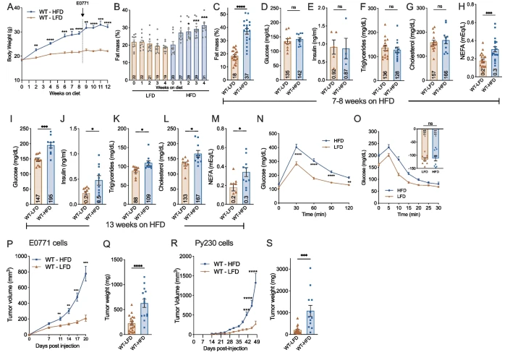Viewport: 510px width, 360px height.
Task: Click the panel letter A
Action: (x=6, y=7)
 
